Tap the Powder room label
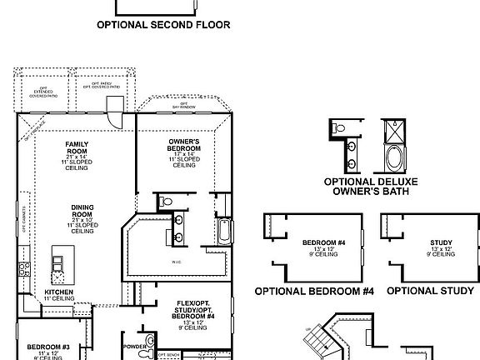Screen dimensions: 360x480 click(133, 345)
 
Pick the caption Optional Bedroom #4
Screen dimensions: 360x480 click(314, 291)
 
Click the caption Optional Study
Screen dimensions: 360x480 click(430, 291)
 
